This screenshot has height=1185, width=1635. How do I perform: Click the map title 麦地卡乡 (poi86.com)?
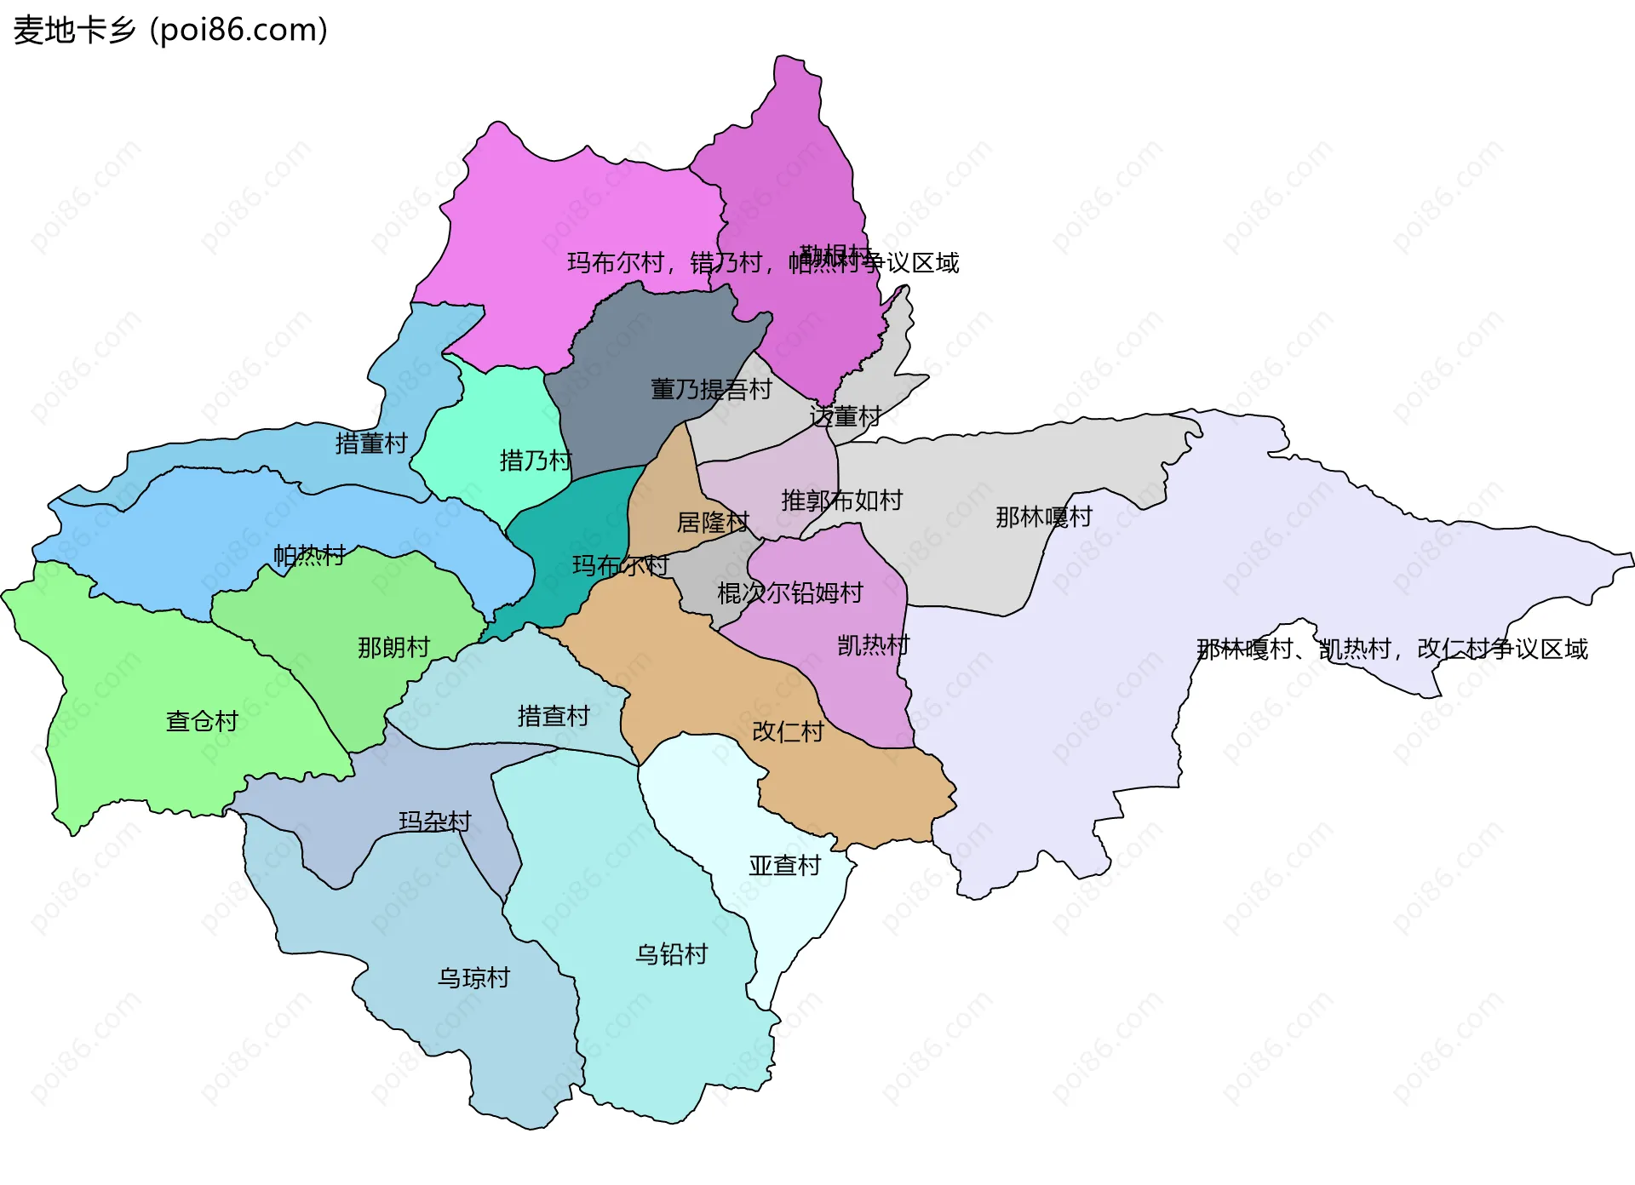pyautogui.click(x=170, y=30)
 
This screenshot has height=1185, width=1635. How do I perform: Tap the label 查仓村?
pyautogui.click(x=202, y=721)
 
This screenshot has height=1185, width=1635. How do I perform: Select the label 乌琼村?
pyautogui.click(x=473, y=977)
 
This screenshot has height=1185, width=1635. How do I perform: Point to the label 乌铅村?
pyautogui.click(x=672, y=953)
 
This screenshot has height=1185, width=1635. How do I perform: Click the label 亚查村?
pyautogui.click(x=784, y=865)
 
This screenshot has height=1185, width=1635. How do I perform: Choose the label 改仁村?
pyautogui.click(x=788, y=731)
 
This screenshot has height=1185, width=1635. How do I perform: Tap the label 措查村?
pyautogui.click(x=554, y=716)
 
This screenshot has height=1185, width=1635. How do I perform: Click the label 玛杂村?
pyautogui.click(x=434, y=821)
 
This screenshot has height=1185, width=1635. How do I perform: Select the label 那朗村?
pyautogui.click(x=393, y=647)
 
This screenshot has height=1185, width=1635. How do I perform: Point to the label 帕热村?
pyautogui.click(x=309, y=555)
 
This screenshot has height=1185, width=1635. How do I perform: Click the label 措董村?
pyautogui.click(x=371, y=443)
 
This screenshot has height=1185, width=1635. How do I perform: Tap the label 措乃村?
pyautogui.click(x=535, y=461)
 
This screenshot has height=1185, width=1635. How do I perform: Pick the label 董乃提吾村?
pyautogui.click(x=711, y=389)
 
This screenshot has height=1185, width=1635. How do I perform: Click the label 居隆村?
pyautogui.click(x=713, y=522)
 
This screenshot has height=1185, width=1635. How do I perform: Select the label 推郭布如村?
pyautogui.click(x=841, y=500)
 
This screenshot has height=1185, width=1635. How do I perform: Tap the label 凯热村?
pyautogui.click(x=873, y=644)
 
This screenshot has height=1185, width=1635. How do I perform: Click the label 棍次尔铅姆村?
pyautogui.click(x=790, y=592)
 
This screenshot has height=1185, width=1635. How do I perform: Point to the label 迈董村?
pyautogui.click(x=845, y=416)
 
